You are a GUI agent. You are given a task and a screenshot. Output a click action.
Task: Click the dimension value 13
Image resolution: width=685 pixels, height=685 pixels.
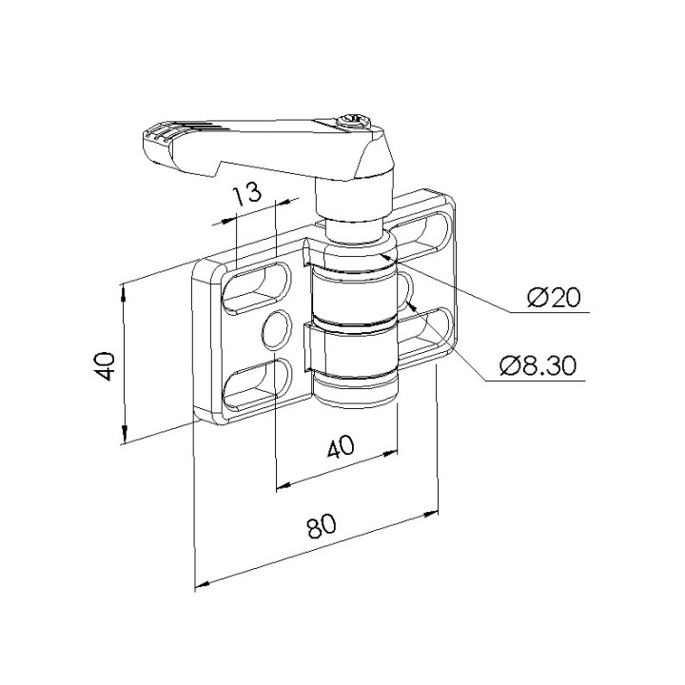pyautogui.click(x=246, y=194)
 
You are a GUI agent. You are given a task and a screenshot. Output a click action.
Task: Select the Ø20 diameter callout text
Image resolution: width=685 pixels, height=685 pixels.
pyautogui.click(x=554, y=298)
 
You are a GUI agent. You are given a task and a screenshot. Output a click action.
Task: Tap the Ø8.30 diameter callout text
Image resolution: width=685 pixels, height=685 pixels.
pyautogui.click(x=538, y=365)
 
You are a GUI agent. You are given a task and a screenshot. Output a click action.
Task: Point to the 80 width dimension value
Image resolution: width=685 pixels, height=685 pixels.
pyautogui.click(x=322, y=525)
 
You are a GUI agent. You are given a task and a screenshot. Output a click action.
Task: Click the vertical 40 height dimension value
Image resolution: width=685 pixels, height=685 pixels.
pyautogui.click(x=106, y=365)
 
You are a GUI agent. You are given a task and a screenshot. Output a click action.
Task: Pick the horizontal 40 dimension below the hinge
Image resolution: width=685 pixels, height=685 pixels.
pyautogui.click(x=341, y=446)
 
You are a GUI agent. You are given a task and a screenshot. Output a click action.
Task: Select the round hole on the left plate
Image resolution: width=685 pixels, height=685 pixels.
pyautogui.click(x=277, y=330)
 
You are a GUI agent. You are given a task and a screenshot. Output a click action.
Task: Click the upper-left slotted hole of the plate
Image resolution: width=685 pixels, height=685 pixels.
pyautogui.click(x=257, y=288)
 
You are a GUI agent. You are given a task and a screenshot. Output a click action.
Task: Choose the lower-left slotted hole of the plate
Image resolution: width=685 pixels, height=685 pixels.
pyautogui.click(x=257, y=384)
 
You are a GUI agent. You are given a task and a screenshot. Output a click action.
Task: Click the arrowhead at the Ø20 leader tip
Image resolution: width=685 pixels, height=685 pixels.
pyautogui.click(x=385, y=256)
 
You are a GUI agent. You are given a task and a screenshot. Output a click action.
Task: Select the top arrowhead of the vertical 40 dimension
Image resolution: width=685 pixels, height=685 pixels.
pyautogui.click(x=123, y=292)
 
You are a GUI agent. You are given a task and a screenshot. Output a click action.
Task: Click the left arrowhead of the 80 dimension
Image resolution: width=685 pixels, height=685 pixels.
pyautogui.click(x=202, y=584)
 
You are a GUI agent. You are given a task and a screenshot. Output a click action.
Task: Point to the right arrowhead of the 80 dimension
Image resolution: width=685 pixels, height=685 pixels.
pyautogui.click(x=431, y=514)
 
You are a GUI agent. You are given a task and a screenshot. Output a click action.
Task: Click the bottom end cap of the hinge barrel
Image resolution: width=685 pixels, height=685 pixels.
pyautogui.click(x=356, y=391)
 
